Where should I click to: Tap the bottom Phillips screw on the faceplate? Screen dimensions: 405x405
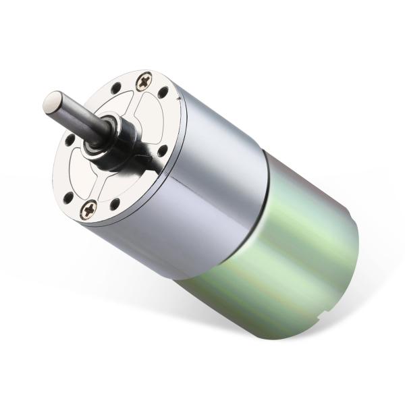(88, 211)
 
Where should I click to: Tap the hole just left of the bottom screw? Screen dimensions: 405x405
(69, 196)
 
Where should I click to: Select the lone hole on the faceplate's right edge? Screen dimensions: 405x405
(162, 150)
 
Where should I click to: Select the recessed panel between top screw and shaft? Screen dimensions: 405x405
(135, 108)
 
